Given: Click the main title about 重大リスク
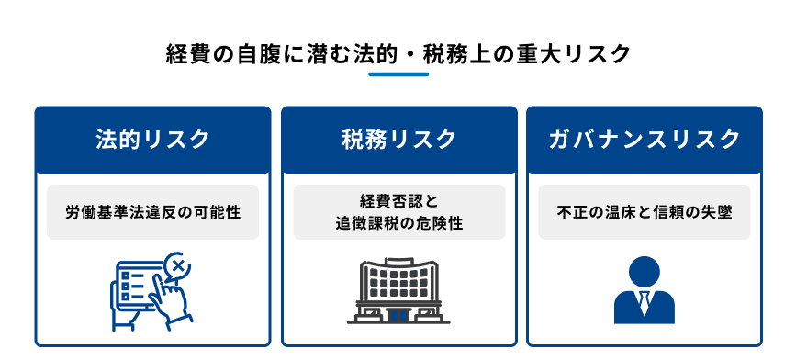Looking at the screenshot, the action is (398, 53).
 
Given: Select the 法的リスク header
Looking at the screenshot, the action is (152, 140).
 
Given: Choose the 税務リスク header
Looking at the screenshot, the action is (398, 140).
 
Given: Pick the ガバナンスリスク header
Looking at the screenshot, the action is (644, 140).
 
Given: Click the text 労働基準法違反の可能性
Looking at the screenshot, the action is (152, 212).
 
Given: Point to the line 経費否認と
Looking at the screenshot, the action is (398, 201).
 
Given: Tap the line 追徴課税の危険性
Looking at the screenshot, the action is (398, 223).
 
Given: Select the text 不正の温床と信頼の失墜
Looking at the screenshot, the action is (644, 212).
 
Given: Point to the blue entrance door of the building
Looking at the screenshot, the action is (398, 314).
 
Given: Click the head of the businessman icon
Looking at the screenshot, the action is (643, 272).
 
